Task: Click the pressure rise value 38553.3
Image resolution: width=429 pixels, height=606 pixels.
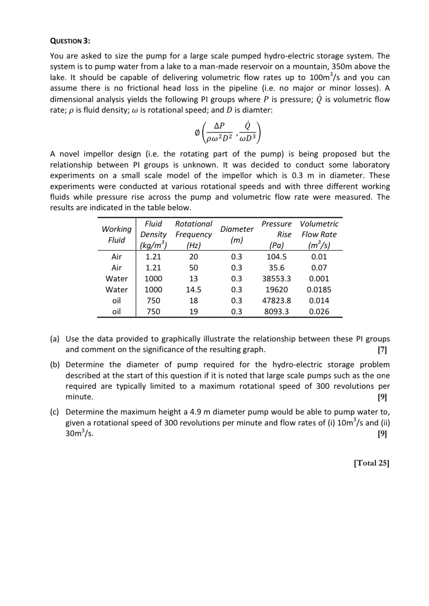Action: pyautogui.click(x=277, y=279)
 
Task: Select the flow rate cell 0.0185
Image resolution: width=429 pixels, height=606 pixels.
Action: pyautogui.click(x=319, y=290)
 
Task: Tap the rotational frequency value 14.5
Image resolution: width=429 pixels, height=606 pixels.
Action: pyautogui.click(x=193, y=290)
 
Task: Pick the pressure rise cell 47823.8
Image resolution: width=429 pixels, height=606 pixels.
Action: pyautogui.click(x=277, y=301)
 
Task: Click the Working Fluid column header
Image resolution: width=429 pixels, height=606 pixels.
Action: pyautogui.click(x=117, y=234)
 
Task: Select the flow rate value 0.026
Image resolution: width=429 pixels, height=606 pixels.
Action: pyautogui.click(x=319, y=312)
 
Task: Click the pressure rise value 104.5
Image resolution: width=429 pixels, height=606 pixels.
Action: pyautogui.click(x=277, y=257)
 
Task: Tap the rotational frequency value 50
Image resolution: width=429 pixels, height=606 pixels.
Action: pyautogui.click(x=193, y=268)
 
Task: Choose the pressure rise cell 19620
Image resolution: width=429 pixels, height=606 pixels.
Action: pyautogui.click(x=277, y=290)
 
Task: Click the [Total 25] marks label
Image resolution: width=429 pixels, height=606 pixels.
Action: pyautogui.click(x=371, y=463)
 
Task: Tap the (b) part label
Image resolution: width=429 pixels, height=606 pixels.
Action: pyautogui.click(x=55, y=365)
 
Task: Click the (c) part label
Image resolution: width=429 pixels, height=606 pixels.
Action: pyautogui.click(x=55, y=412)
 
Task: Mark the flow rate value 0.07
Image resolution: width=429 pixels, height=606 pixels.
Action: pyautogui.click(x=319, y=268)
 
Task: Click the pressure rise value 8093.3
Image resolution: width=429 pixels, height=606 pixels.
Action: pyautogui.click(x=277, y=312)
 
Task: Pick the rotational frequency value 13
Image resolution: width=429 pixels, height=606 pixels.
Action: pyautogui.click(x=193, y=279)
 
